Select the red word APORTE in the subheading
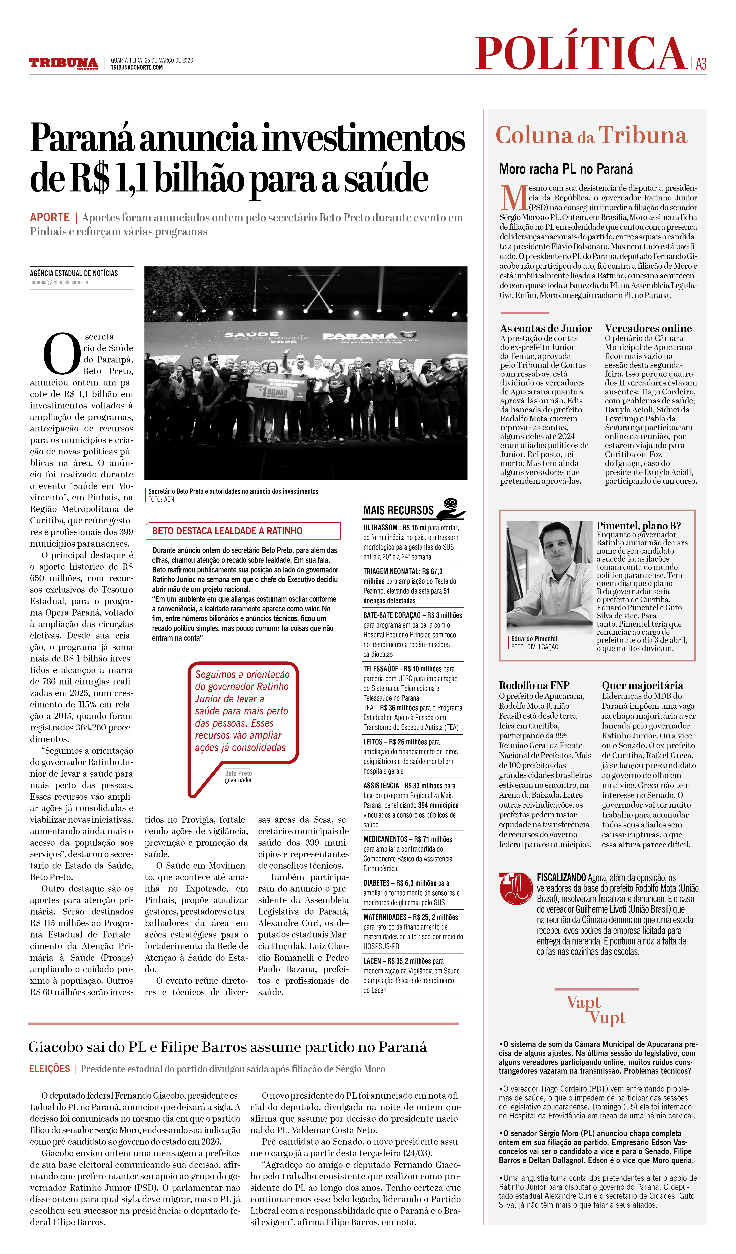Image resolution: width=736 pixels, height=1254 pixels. (50, 217)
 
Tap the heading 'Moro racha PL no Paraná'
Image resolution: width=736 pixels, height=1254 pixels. (566, 169)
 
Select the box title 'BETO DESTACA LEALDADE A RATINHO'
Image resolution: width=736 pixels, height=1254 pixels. (227, 531)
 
